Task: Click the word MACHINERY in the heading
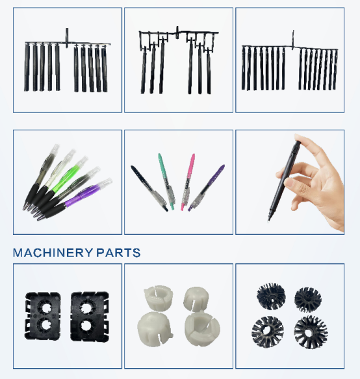(53, 253)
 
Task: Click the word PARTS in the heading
(118, 253)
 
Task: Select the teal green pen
(166, 182)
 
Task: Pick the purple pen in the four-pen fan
(206, 188)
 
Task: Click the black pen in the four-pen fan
(149, 188)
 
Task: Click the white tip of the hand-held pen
(269, 219)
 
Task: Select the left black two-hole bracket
(42, 316)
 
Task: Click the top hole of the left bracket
(45, 308)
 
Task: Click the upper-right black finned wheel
(308, 299)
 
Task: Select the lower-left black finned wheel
(268, 332)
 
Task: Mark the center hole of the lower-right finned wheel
(309, 332)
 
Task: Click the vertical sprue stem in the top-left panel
(67, 38)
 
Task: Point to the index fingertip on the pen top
(298, 138)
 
